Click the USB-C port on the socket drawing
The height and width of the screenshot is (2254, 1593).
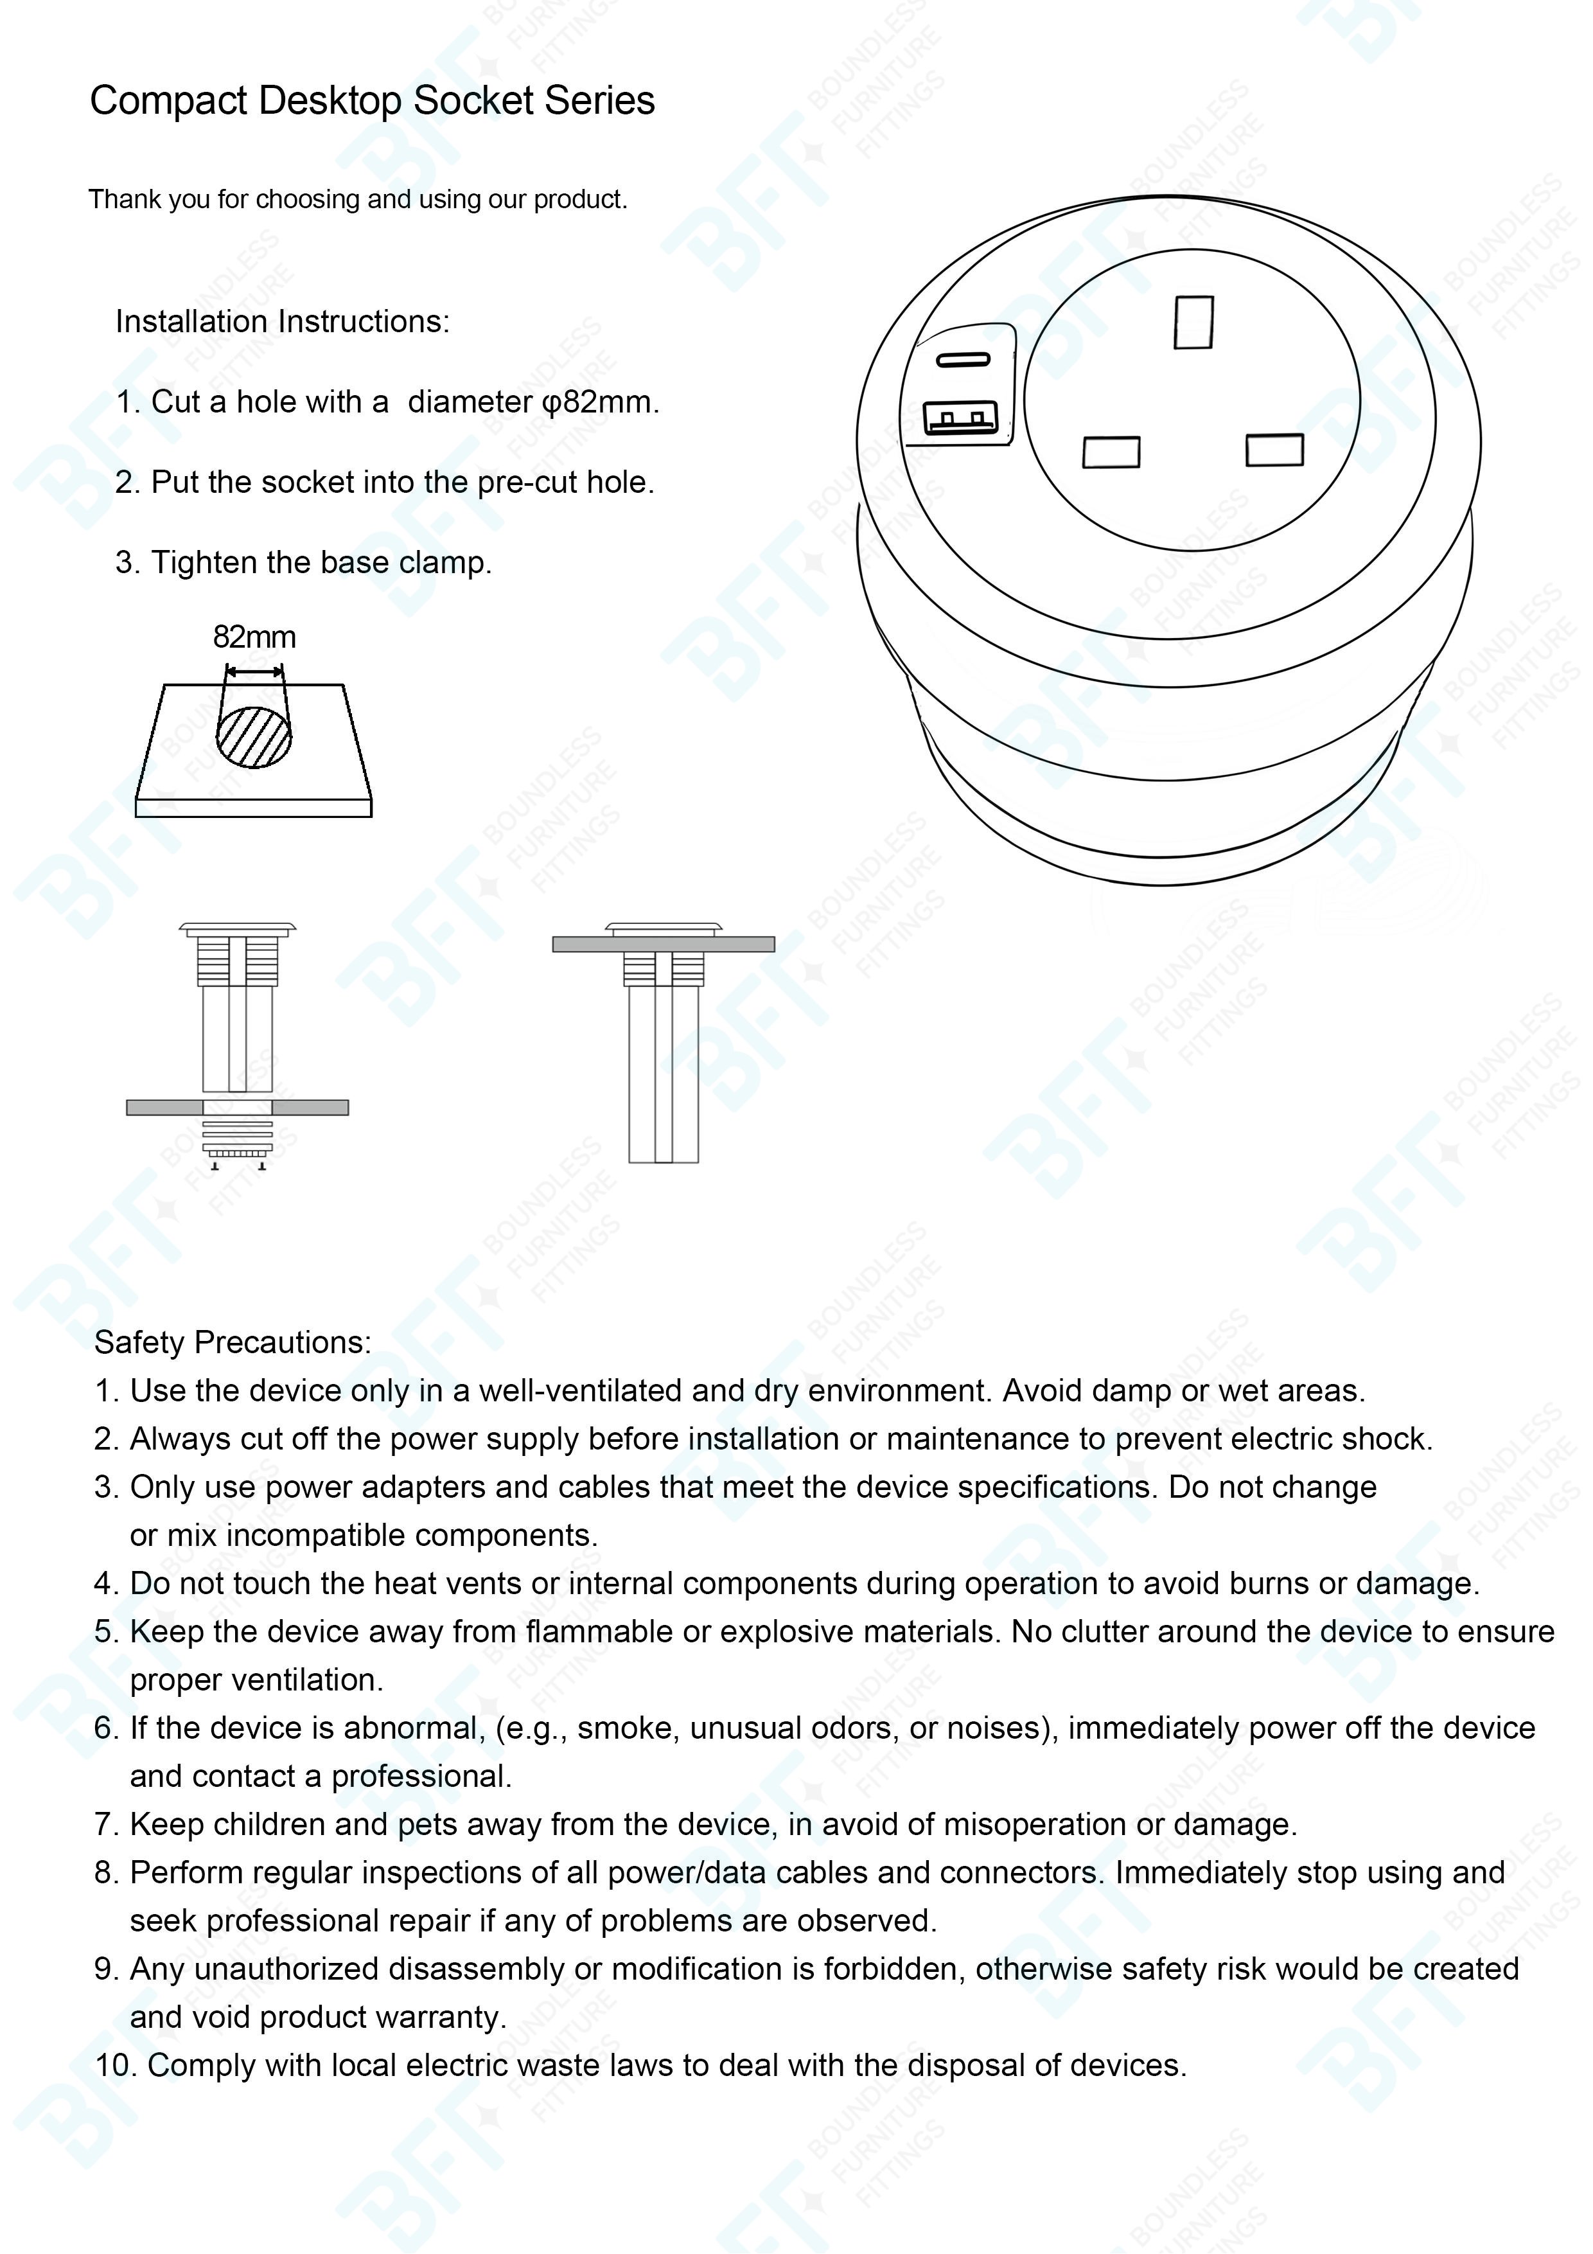963,359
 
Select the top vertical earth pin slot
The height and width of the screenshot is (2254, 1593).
1193,321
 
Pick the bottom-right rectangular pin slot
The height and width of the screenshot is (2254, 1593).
1274,450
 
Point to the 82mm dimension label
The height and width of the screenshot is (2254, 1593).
254,637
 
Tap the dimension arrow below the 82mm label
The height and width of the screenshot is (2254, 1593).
254,671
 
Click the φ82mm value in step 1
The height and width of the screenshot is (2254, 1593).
600,402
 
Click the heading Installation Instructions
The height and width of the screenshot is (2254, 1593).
283,322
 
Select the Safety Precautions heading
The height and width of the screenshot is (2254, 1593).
233,1342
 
